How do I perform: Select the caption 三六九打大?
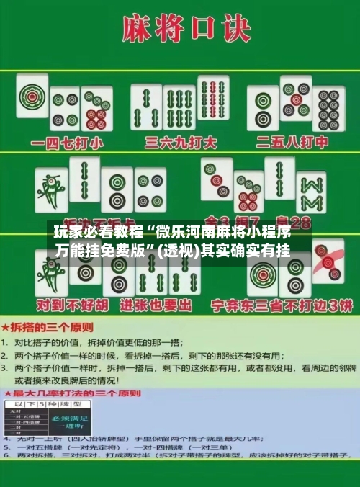coord(181,142)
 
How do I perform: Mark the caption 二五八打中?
coord(297,142)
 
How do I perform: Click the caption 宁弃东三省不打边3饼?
coord(281,305)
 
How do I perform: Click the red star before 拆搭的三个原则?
coord(6,323)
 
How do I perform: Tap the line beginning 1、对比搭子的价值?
coord(94,341)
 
